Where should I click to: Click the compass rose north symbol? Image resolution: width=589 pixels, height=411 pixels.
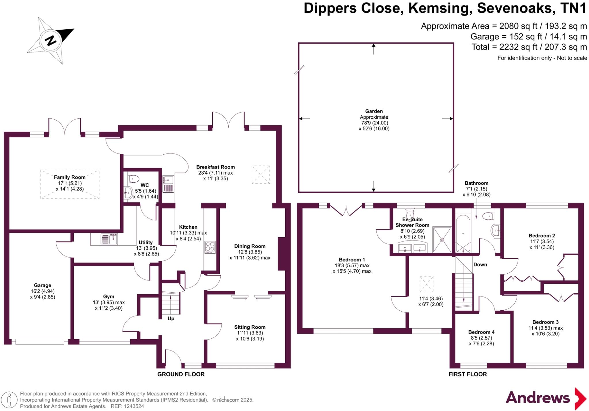pyautogui.click(x=51, y=40)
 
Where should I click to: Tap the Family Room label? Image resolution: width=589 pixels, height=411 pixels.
pyautogui.click(x=70, y=177)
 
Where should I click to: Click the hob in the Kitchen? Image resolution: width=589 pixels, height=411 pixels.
pyautogui.click(x=210, y=247)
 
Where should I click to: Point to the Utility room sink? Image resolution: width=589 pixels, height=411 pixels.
pyautogui.click(x=109, y=239)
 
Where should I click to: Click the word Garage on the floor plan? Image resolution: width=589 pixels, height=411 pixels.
pyautogui.click(x=43, y=285)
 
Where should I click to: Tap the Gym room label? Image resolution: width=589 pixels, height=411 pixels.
pyautogui.click(x=109, y=297)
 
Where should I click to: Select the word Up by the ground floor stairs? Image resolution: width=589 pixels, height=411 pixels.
pyautogui.click(x=171, y=319)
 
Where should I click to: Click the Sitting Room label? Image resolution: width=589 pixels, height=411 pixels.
pyautogui.click(x=250, y=327)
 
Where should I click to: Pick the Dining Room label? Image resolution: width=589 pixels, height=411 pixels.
pyautogui.click(x=250, y=246)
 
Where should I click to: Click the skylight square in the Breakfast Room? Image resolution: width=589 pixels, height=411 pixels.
pyautogui.click(x=261, y=175)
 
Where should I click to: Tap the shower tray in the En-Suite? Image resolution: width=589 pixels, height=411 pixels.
pyautogui.click(x=442, y=240)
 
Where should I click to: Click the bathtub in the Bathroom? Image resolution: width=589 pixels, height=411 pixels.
pyautogui.click(x=463, y=234)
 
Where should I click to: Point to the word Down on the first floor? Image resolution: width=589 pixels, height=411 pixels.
pyautogui.click(x=480, y=265)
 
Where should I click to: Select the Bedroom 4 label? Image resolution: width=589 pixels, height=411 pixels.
pyautogui.click(x=481, y=332)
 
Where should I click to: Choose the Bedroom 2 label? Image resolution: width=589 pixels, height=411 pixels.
pyautogui.click(x=542, y=236)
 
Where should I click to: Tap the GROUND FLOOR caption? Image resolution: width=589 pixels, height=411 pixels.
pyautogui.click(x=181, y=374)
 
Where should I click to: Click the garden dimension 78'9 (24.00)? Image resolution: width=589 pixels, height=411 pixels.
pyautogui.click(x=374, y=123)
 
